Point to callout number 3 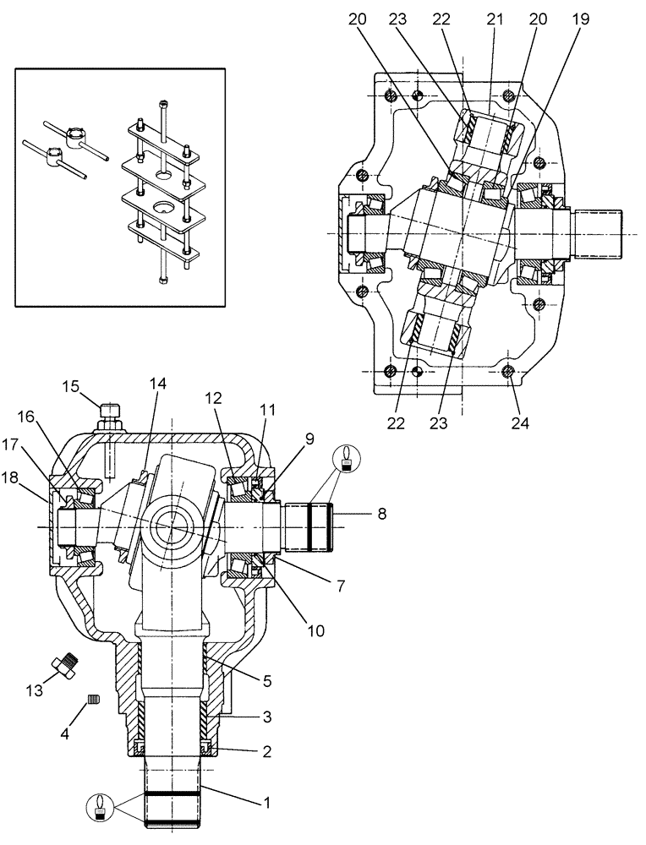point(266,717)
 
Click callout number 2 point(266,750)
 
